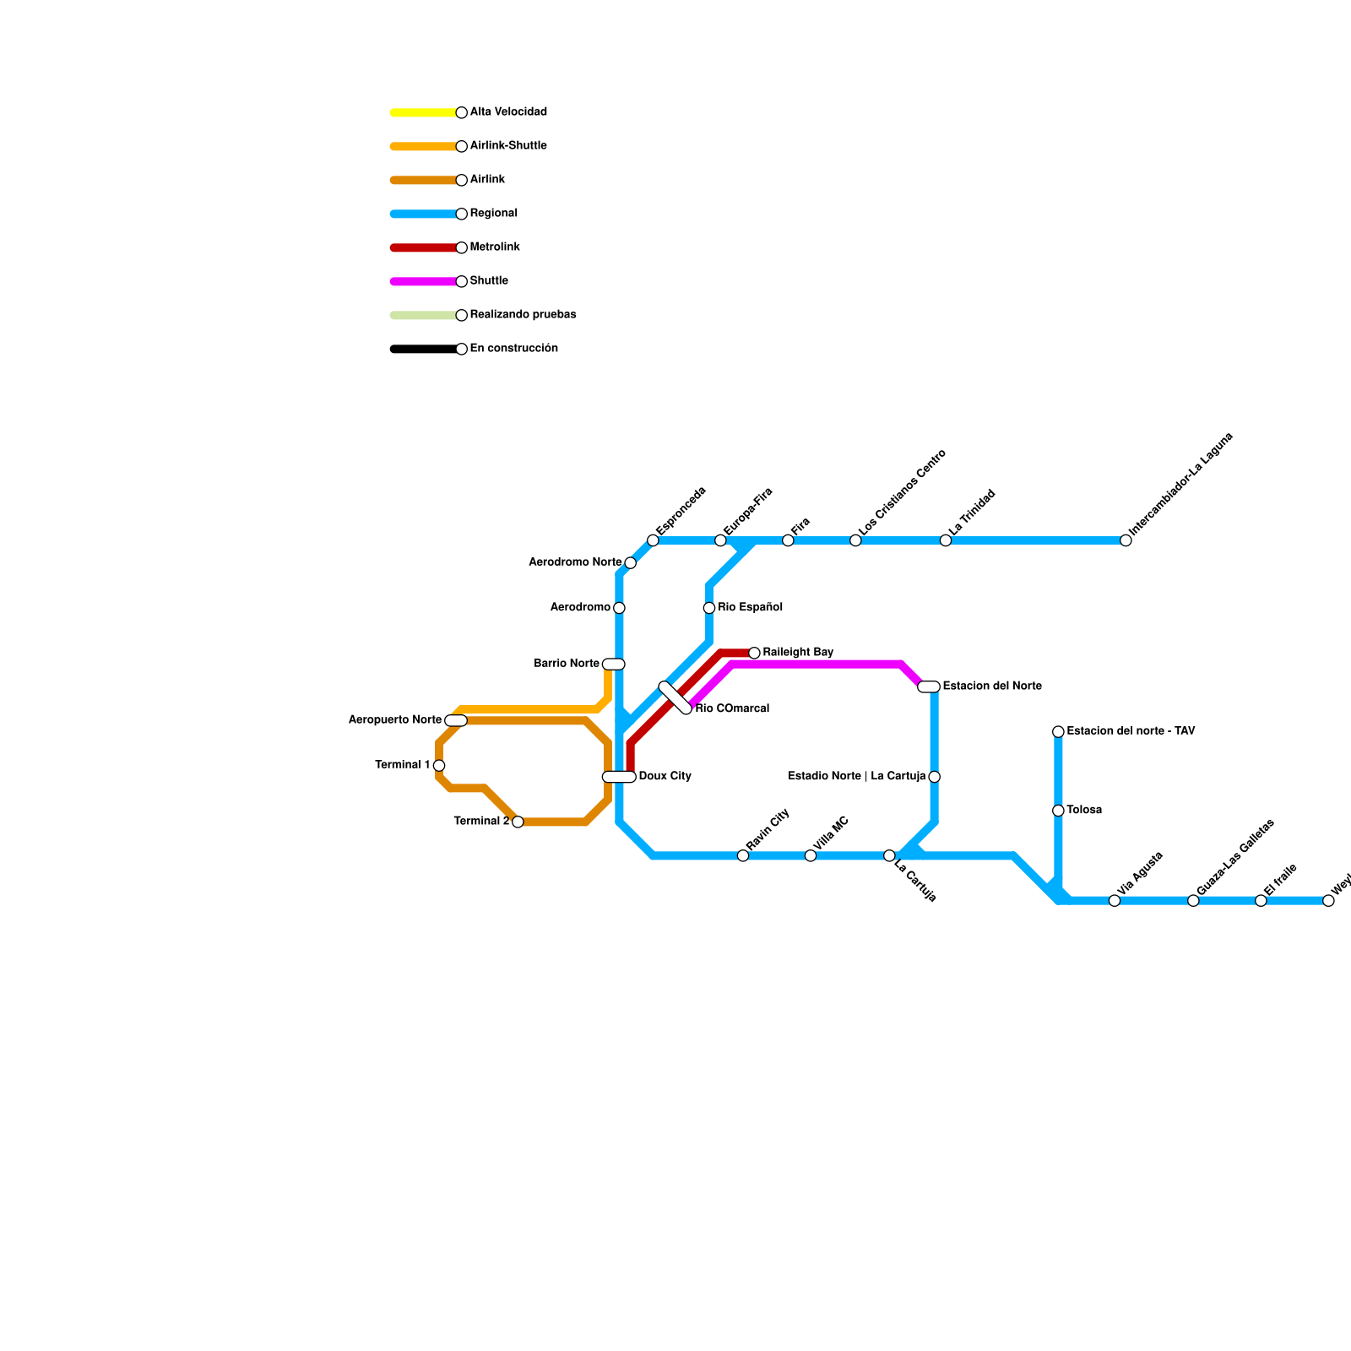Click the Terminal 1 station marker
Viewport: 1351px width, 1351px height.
click(x=439, y=766)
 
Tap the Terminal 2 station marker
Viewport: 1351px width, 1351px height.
click(x=518, y=822)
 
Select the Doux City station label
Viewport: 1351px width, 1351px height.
click(x=665, y=776)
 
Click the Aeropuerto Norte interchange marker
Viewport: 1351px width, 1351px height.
click(x=456, y=720)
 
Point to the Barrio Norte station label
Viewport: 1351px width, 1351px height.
click(x=567, y=664)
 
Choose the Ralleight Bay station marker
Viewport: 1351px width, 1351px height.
click(x=754, y=653)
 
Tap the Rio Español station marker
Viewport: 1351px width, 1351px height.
click(x=709, y=608)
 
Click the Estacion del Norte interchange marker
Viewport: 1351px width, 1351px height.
click(x=929, y=686)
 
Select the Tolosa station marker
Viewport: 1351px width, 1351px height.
click(x=1058, y=811)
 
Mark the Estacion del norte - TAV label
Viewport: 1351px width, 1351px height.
click(x=1131, y=731)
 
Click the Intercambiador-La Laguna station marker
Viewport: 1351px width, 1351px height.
click(x=1126, y=540)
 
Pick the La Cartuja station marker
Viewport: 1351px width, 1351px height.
click(x=889, y=856)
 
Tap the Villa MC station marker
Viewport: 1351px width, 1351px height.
click(x=811, y=856)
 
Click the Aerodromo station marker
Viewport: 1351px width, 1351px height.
click(x=619, y=608)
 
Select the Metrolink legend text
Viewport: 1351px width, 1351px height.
click(x=495, y=247)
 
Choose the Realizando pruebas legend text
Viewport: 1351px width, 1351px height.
click(x=523, y=315)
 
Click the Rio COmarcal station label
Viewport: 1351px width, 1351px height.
click(x=732, y=708)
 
